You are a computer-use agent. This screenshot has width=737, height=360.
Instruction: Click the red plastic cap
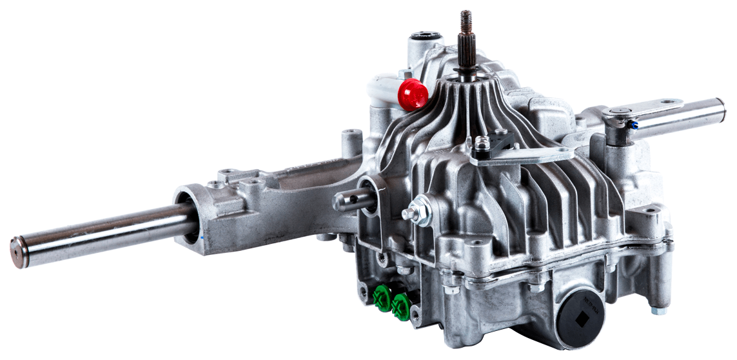[413, 94]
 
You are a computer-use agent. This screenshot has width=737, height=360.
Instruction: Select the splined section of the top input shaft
[467, 49]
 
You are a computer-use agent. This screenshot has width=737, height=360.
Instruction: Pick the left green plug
[382, 299]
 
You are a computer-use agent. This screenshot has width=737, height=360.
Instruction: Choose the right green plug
[401, 305]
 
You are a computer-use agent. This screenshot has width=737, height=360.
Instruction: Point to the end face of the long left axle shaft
[18, 252]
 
